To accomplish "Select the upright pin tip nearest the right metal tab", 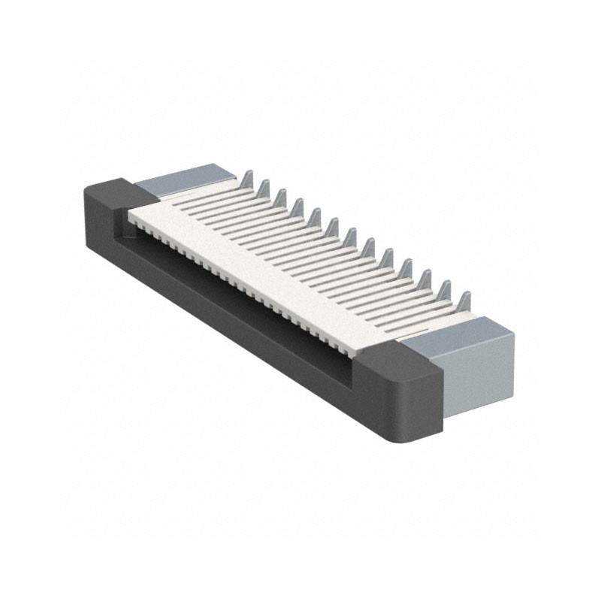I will [x=464, y=295].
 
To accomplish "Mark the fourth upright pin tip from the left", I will [x=297, y=204].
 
